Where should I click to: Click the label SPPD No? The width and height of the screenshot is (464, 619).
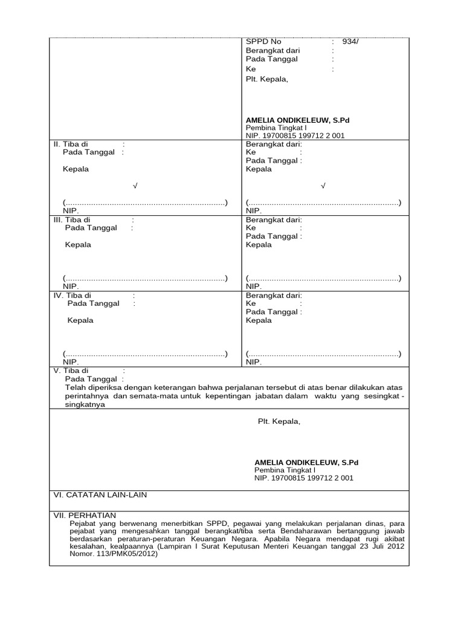[263, 42]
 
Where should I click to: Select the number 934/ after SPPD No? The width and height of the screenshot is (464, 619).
[350, 42]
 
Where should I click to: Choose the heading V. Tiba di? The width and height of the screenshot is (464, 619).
[71, 371]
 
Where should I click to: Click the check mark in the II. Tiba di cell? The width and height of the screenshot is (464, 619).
[135, 186]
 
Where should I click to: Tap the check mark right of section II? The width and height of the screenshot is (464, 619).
[324, 186]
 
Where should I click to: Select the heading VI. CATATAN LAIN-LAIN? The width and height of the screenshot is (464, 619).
[100, 495]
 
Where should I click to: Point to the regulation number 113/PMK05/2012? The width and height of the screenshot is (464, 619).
[127, 553]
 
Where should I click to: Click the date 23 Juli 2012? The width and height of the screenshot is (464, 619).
[360, 546]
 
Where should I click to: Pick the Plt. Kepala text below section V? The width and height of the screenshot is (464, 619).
[279, 421]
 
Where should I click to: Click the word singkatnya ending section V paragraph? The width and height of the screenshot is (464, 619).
[85, 405]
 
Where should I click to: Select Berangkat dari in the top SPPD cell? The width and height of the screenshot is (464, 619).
[272, 51]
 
